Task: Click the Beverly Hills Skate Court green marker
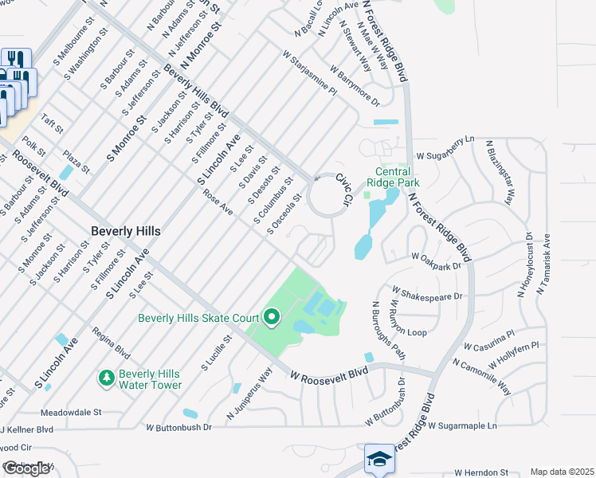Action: point(271,319)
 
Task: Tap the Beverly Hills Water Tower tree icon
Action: point(105,376)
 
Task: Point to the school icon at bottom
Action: point(380,459)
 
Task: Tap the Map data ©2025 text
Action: point(562,472)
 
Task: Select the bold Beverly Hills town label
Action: point(125,231)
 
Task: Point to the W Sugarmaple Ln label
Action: point(462,426)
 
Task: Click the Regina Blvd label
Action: point(110,343)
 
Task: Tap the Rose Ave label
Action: point(218,202)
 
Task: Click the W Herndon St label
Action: point(481,472)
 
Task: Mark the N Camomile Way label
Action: point(481,375)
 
